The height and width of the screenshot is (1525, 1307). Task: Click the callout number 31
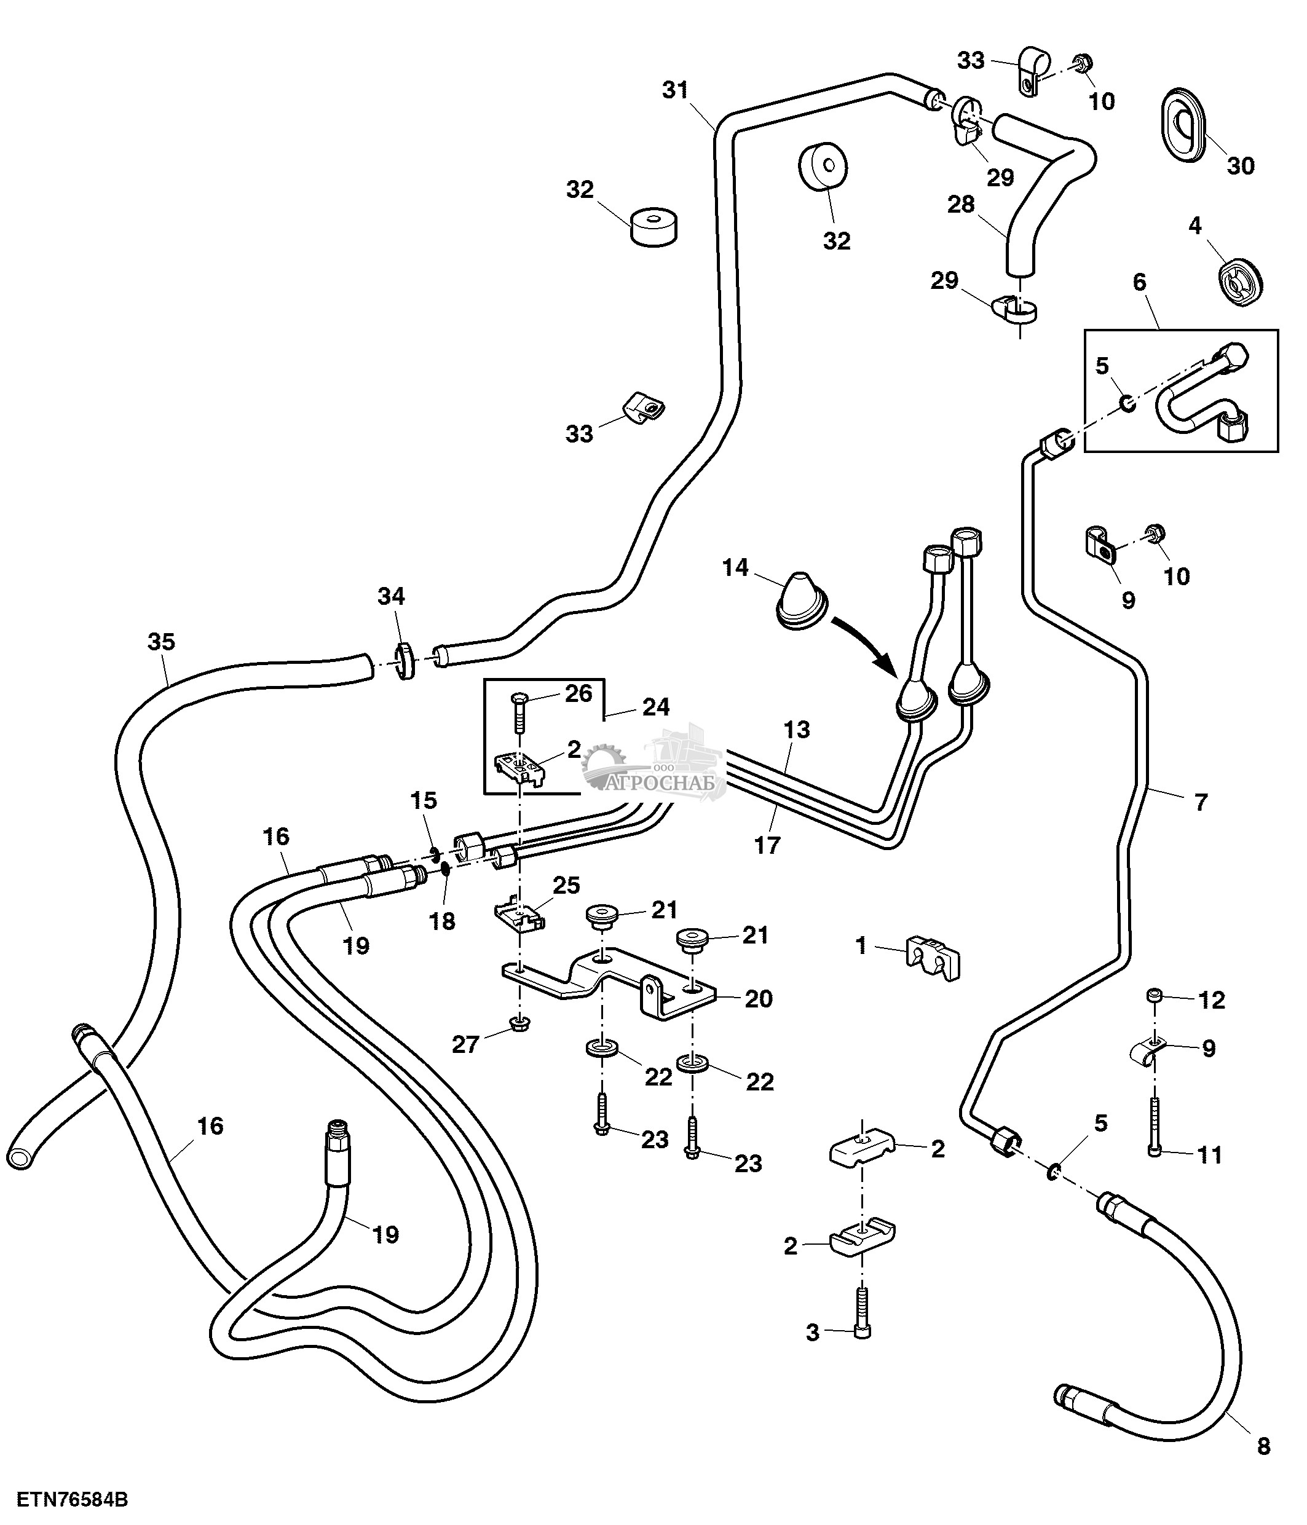675,90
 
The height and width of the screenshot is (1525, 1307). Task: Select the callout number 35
161,641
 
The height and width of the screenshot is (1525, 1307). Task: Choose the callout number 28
960,204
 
